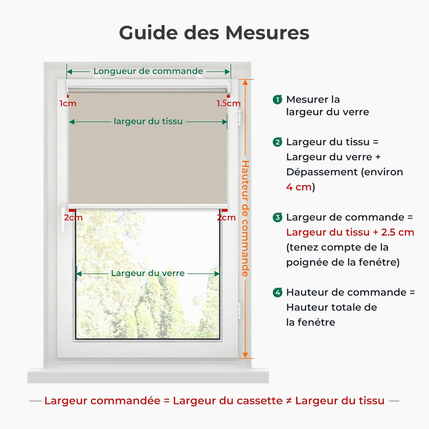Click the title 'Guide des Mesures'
click(214, 32)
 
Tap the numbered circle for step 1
click(277, 100)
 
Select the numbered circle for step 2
click(277, 142)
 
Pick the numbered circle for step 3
click(277, 217)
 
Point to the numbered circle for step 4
click(277, 293)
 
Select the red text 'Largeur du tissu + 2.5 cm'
click(350, 232)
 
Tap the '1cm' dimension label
click(67, 103)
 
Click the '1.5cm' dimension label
click(229, 103)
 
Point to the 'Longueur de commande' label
click(148, 71)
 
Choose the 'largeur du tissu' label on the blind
click(148, 122)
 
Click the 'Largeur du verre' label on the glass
click(148, 273)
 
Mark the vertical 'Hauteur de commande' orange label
click(245, 218)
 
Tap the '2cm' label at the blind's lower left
click(73, 217)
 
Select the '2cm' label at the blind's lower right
click(226, 217)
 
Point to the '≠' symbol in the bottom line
click(289, 401)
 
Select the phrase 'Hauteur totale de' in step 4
click(331, 307)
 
